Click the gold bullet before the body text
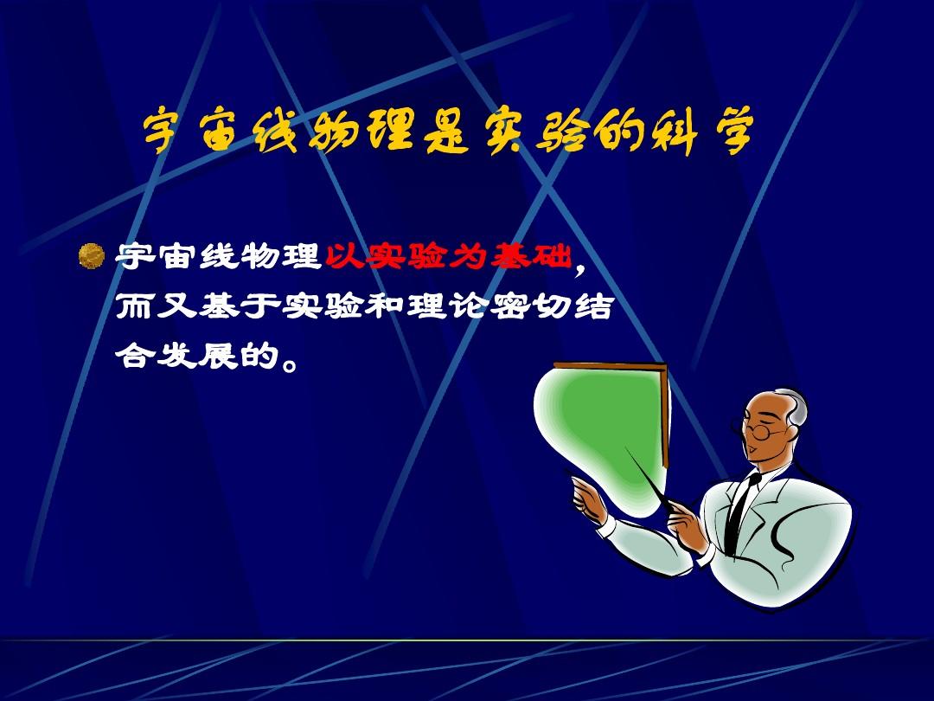click(91, 255)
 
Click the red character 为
click(470, 256)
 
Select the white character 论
click(469, 306)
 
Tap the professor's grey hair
click(794, 407)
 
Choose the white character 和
click(385, 306)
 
